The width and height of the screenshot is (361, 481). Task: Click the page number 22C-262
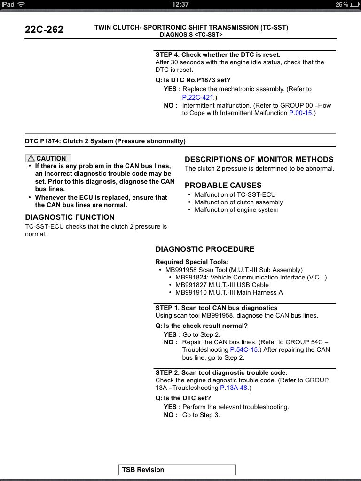pos(44,30)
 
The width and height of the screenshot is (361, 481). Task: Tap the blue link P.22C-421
pos(197,98)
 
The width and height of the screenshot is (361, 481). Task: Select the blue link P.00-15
pos(301,113)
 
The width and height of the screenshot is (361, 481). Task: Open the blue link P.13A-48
pos(235,388)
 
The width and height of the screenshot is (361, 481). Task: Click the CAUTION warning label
pos(48,158)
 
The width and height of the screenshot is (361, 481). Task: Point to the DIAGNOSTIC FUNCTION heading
pos(70,217)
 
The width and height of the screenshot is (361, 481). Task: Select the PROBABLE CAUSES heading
pos(223,186)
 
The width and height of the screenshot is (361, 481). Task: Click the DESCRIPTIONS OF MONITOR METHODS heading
pos(259,160)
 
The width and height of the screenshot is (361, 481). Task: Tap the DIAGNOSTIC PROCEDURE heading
pos(205,249)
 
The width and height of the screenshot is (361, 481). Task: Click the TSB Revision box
pos(177,470)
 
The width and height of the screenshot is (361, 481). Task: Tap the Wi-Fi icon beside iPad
pos(22,4)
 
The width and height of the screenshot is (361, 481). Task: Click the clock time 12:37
pos(180,4)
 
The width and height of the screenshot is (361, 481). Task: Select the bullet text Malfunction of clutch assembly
pos(239,202)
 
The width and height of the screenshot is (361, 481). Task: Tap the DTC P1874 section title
pos(105,141)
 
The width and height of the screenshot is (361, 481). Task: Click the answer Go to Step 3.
pos(201,415)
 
